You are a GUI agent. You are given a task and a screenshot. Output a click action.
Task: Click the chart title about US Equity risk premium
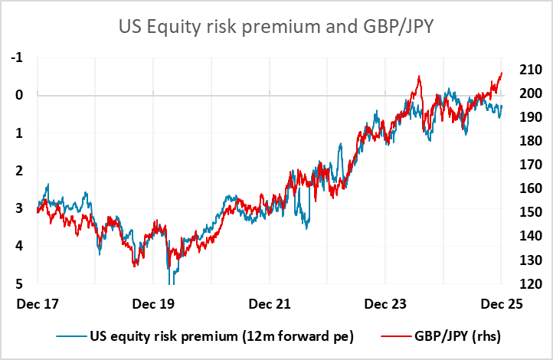pos(276,28)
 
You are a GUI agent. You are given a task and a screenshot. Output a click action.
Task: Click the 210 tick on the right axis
pos(530,70)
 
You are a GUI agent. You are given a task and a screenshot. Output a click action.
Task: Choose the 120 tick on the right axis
pos(530,283)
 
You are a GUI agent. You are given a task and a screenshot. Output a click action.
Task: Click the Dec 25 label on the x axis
pos(502,303)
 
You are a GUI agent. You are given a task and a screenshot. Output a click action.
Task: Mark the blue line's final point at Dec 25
pos(502,106)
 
